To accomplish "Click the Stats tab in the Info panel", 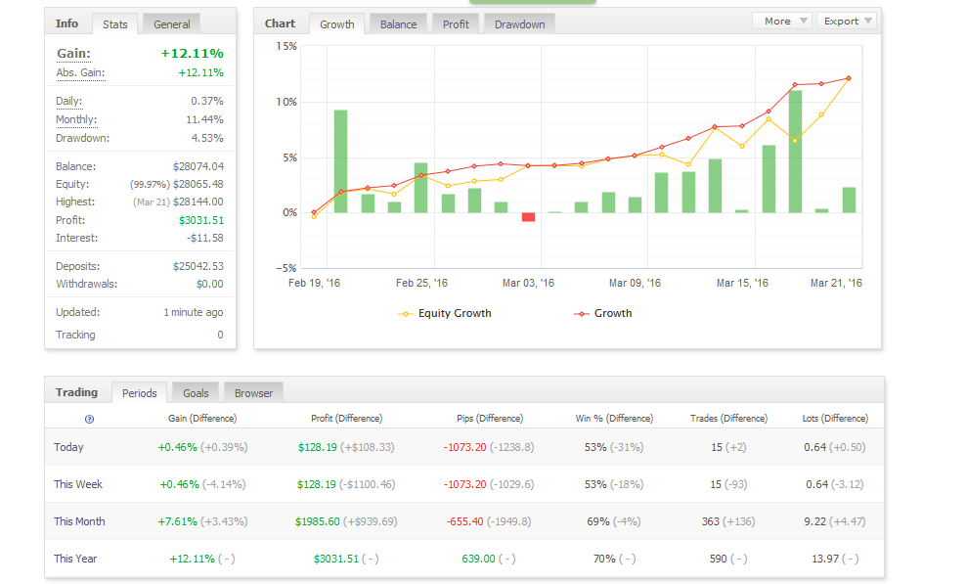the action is tap(115, 24).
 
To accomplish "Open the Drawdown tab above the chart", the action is tap(519, 24).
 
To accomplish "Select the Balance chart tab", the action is tap(398, 24).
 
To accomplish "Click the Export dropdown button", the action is tap(848, 21).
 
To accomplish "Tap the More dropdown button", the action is tap(782, 21).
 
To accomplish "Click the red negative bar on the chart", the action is tap(528, 217).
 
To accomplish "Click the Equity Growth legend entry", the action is tap(445, 313).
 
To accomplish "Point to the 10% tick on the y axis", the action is tap(286, 102).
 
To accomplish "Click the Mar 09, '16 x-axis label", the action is tap(635, 283).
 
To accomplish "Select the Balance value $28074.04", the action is tap(198, 166).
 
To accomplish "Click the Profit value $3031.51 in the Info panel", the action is tap(201, 220).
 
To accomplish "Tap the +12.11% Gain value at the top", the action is tap(193, 54).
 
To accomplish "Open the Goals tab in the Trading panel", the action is tap(196, 393).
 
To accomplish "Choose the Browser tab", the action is tap(253, 393).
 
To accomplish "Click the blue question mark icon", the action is tap(89, 420).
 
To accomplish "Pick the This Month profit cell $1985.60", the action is tap(318, 521).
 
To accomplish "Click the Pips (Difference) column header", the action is tap(490, 418).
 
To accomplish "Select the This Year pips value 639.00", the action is tap(479, 559).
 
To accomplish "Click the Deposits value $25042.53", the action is tap(198, 266).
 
